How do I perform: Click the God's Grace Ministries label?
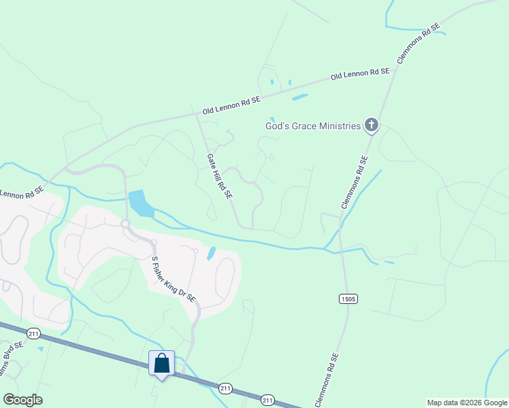click(x=312, y=126)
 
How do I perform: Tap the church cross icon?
click(x=371, y=124)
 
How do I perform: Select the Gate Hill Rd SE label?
click(x=220, y=175)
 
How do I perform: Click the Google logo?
click(x=22, y=399)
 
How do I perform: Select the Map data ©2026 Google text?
click(x=466, y=403)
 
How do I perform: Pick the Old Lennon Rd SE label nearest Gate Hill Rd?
click(x=231, y=105)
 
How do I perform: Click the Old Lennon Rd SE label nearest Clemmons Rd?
click(x=360, y=73)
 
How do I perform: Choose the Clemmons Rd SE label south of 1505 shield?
click(x=326, y=380)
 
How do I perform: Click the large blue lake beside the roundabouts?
click(x=139, y=203)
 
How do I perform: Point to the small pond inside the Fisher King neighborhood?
click(x=211, y=254)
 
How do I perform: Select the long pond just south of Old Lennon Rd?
click(x=299, y=97)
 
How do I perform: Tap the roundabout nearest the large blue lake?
click(x=125, y=223)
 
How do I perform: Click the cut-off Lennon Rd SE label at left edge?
click(x=22, y=193)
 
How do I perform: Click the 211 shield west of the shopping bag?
click(x=33, y=333)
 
